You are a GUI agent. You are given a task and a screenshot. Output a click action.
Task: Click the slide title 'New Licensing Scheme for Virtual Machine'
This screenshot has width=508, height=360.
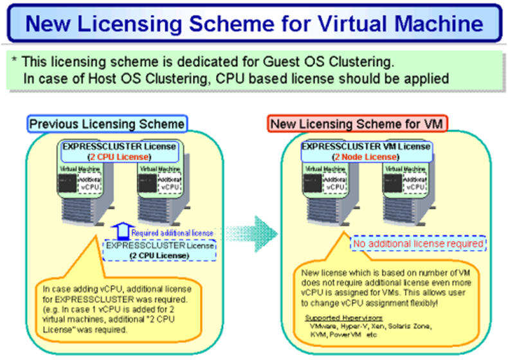point(254,24)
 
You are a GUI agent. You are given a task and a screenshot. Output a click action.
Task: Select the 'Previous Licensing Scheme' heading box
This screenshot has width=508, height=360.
point(107,124)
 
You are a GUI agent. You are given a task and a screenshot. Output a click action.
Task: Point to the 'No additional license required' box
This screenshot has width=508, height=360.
point(418,244)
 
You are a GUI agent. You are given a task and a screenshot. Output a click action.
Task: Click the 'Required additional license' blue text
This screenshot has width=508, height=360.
point(172,232)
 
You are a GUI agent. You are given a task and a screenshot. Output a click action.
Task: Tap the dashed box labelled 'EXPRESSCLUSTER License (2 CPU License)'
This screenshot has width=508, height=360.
point(161,250)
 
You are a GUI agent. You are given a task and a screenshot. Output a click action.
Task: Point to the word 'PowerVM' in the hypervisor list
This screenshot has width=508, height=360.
point(347,335)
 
